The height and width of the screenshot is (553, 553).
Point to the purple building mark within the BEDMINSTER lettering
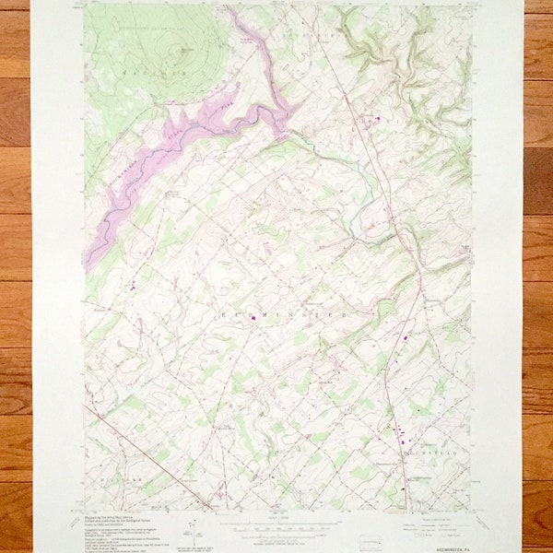tap(253, 318)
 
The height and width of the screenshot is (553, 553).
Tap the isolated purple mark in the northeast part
tap(376, 117)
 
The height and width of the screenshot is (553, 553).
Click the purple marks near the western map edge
tap(132, 285)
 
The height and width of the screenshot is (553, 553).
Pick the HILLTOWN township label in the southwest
tap(124, 480)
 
